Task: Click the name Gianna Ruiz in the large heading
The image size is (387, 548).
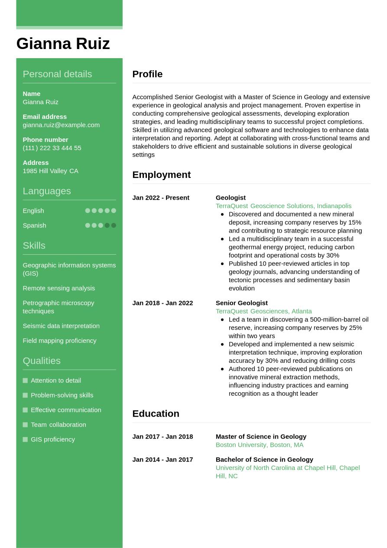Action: point(63,44)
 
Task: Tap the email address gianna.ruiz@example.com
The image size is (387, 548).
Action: point(61,125)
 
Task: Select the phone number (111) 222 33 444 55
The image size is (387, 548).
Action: point(52,148)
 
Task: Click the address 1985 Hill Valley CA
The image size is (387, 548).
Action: point(50,171)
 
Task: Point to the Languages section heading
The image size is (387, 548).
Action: point(46,191)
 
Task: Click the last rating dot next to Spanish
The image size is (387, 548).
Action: point(114,226)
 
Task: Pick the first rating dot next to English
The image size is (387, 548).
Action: point(88,211)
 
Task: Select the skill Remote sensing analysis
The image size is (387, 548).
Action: point(59,288)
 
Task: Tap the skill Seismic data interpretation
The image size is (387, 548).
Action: point(61,326)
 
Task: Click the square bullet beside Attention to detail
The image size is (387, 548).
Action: point(25,381)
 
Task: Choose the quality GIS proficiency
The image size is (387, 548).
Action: point(53,440)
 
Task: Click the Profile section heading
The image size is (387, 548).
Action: point(147,74)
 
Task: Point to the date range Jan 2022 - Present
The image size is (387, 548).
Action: point(161,198)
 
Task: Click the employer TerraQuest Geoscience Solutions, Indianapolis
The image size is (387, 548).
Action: point(283,206)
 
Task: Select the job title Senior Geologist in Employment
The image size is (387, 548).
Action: point(241,303)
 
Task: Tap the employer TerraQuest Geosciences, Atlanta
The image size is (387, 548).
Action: point(263,311)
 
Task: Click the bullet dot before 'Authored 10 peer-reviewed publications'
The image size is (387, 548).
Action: point(222,369)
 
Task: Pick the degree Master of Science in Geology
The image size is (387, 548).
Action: point(261,436)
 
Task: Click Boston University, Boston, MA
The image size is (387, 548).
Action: point(259,445)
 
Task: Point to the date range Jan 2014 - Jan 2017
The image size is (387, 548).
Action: point(163,459)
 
